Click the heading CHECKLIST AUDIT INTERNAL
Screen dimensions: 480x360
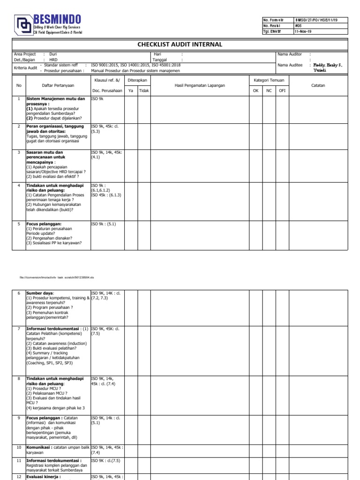tap(180, 45)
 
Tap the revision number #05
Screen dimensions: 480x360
tap(299, 26)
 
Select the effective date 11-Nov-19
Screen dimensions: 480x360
tap(302, 31)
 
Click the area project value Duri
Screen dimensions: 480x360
tap(52, 54)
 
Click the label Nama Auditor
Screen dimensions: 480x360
tap(289, 54)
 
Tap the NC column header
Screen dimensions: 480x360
tap(269, 90)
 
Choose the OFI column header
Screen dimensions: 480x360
tap(282, 90)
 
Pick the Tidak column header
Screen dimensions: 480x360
tap(144, 90)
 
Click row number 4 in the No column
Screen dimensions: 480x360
tap(19, 186)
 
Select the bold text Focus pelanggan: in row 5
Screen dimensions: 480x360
tap(44, 224)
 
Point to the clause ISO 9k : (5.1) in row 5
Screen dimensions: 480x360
tap(103, 224)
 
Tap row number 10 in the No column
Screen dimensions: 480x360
tap(19, 448)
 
